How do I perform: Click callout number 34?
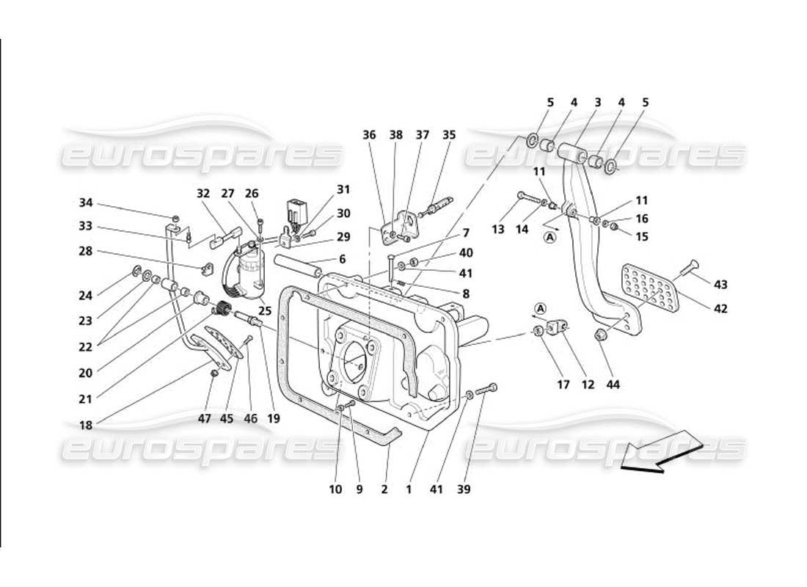pos(87,203)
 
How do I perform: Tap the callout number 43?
pos(720,283)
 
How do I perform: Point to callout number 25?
pos(265,311)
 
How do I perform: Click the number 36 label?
pos(369,134)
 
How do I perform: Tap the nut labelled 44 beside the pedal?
pos(599,337)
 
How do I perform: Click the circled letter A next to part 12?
pos(541,308)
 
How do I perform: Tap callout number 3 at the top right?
pos(598,103)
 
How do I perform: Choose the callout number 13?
pos(498,230)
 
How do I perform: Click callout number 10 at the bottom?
pos(335,488)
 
